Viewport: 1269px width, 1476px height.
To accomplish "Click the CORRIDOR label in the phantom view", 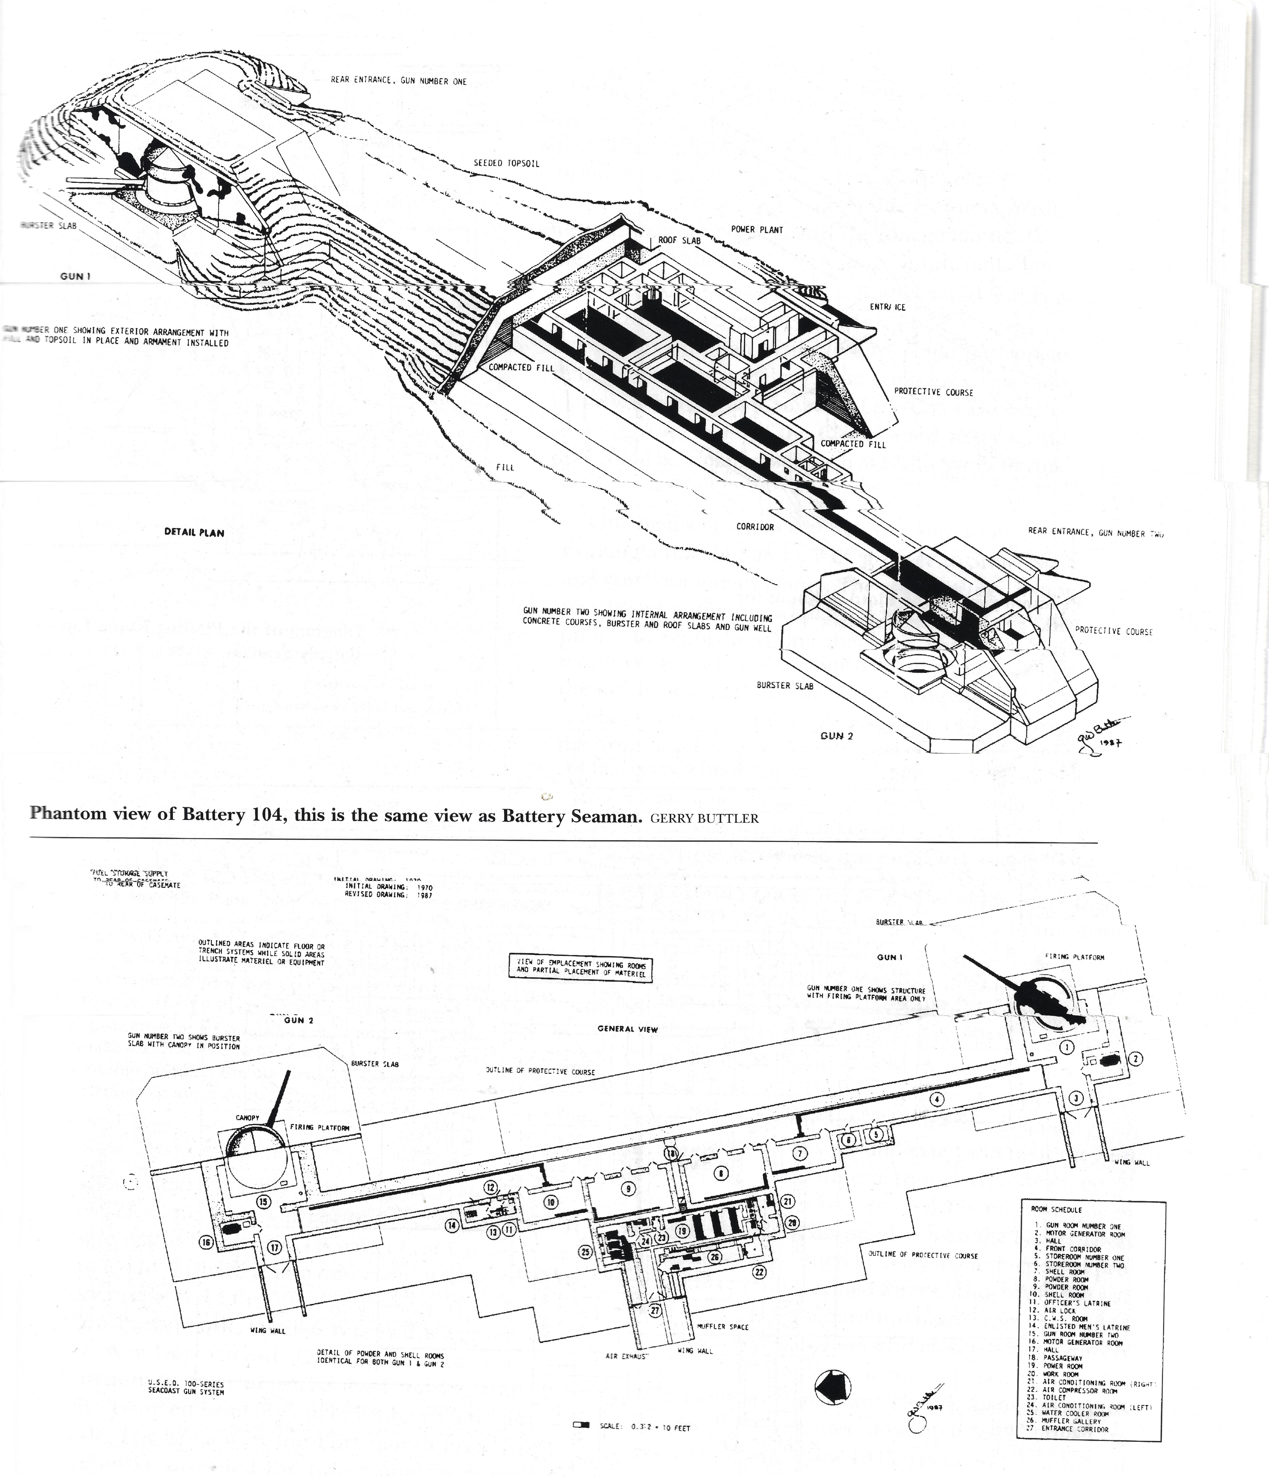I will click(755, 527).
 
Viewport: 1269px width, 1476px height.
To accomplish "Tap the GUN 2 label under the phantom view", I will click(836, 736).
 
